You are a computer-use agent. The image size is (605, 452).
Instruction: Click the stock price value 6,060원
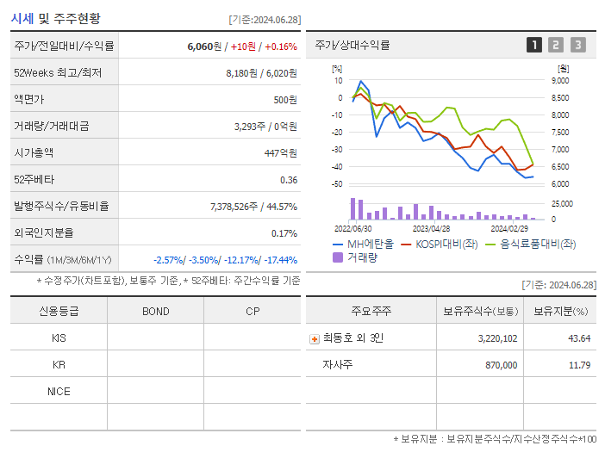[x=205, y=46]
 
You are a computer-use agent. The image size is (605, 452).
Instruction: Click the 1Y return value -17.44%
[x=278, y=259]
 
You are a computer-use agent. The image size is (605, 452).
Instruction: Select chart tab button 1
[x=534, y=45]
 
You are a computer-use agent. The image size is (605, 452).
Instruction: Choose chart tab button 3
[x=577, y=45]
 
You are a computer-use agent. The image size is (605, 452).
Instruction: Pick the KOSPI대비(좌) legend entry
[x=440, y=244]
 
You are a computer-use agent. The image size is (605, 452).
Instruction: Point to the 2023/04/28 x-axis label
[x=432, y=229]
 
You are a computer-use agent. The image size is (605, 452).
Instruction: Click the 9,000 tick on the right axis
[x=559, y=80]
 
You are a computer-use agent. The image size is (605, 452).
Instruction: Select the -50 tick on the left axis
[x=337, y=184]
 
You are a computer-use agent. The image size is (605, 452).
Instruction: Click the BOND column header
[x=155, y=311]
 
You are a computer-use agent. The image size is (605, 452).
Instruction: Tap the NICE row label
[x=59, y=391]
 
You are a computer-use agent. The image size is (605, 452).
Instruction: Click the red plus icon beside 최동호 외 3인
[x=314, y=338]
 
